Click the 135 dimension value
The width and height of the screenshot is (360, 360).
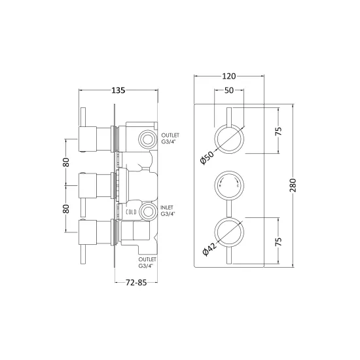click(x=118, y=90)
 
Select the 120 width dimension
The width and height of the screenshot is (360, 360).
click(x=229, y=76)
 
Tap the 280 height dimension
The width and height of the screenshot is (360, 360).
click(x=293, y=185)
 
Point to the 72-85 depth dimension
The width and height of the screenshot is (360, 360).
click(x=136, y=282)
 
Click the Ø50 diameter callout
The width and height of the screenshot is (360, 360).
click(x=207, y=158)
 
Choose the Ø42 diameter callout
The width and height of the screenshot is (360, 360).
click(x=209, y=249)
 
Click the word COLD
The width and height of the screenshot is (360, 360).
click(x=131, y=212)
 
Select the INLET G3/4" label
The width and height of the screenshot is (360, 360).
click(x=168, y=211)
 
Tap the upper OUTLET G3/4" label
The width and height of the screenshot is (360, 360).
click(x=170, y=139)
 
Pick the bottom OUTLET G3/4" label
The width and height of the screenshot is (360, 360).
click(x=147, y=262)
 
